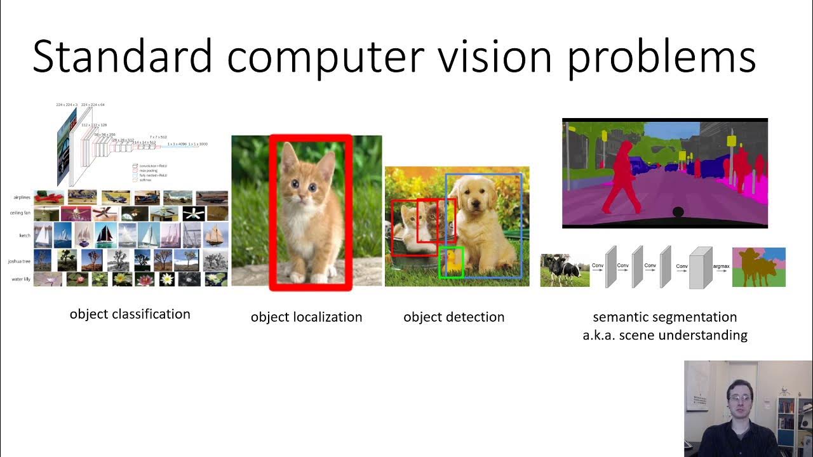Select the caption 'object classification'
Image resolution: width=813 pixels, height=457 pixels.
tap(130, 314)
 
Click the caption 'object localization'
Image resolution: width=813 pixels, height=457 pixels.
tap(306, 317)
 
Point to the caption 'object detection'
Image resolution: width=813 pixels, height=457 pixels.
tap(454, 317)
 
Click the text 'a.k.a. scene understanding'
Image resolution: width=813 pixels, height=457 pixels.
tap(664, 335)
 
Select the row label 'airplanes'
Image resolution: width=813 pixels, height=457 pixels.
tap(22, 197)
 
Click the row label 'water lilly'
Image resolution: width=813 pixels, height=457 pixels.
tap(21, 279)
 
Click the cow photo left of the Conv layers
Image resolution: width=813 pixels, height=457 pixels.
tap(565, 270)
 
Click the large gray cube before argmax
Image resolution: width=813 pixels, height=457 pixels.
tap(701, 268)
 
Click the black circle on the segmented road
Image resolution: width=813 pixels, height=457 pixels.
tap(678, 212)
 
